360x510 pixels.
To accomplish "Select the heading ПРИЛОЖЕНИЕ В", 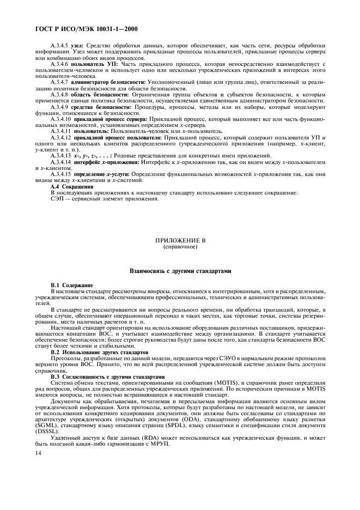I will (180, 240).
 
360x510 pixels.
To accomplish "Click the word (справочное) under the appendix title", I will (180, 246).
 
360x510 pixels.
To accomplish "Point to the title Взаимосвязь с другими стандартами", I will (180, 270).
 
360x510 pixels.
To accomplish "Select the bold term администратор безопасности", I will (105, 81).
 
